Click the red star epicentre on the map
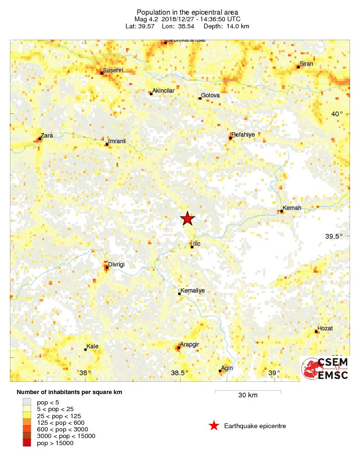188,218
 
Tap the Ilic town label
197,243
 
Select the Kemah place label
291,208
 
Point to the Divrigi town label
116,265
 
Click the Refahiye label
244,135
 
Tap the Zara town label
47,136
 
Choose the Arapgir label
189,345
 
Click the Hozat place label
325,328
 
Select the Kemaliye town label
193,291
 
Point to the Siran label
306,64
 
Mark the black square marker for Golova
200,98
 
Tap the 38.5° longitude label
180,373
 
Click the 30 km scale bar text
248,395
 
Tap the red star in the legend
214,426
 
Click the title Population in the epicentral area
187,12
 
